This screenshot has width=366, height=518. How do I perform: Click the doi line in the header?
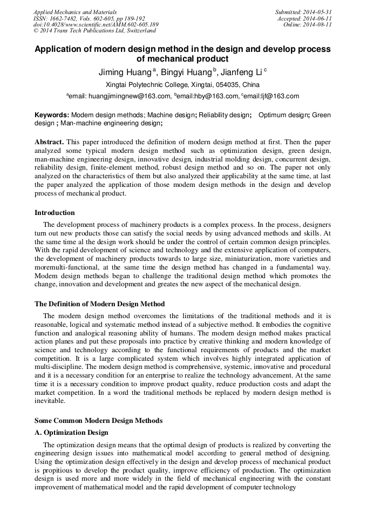tap(96, 25)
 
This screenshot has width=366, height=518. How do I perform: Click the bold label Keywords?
tap(52, 115)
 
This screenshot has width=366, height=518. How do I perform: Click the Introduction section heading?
tap(55, 212)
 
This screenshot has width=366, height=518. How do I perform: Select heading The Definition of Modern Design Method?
tap(99, 304)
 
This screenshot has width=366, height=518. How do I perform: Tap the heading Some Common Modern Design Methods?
tap(98, 420)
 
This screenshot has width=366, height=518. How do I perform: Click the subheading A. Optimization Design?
tap(71, 433)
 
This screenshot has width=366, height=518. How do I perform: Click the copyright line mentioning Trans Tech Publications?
tap(94, 31)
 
